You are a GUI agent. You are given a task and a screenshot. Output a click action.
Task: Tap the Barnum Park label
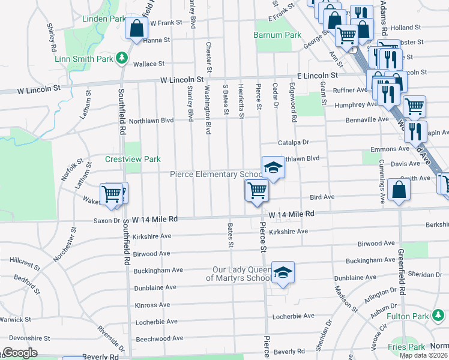[x=278, y=35]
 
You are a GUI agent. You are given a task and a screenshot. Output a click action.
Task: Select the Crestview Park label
[x=133, y=159]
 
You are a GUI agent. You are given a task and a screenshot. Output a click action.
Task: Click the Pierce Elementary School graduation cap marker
[x=273, y=168]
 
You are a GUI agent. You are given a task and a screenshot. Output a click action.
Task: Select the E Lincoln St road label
[x=318, y=76]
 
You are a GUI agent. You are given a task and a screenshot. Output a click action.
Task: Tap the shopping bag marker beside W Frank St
[x=136, y=28]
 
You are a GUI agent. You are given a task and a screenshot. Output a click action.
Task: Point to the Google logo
[x=20, y=353]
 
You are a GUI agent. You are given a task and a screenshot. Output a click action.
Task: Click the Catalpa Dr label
[x=293, y=143]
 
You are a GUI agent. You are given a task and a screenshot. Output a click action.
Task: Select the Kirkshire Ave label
[x=288, y=231]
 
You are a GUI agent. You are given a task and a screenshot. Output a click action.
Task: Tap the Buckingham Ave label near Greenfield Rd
[x=373, y=260]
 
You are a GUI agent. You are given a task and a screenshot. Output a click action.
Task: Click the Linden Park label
[x=104, y=19]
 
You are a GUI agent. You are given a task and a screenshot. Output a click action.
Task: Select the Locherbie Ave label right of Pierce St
[x=294, y=316]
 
